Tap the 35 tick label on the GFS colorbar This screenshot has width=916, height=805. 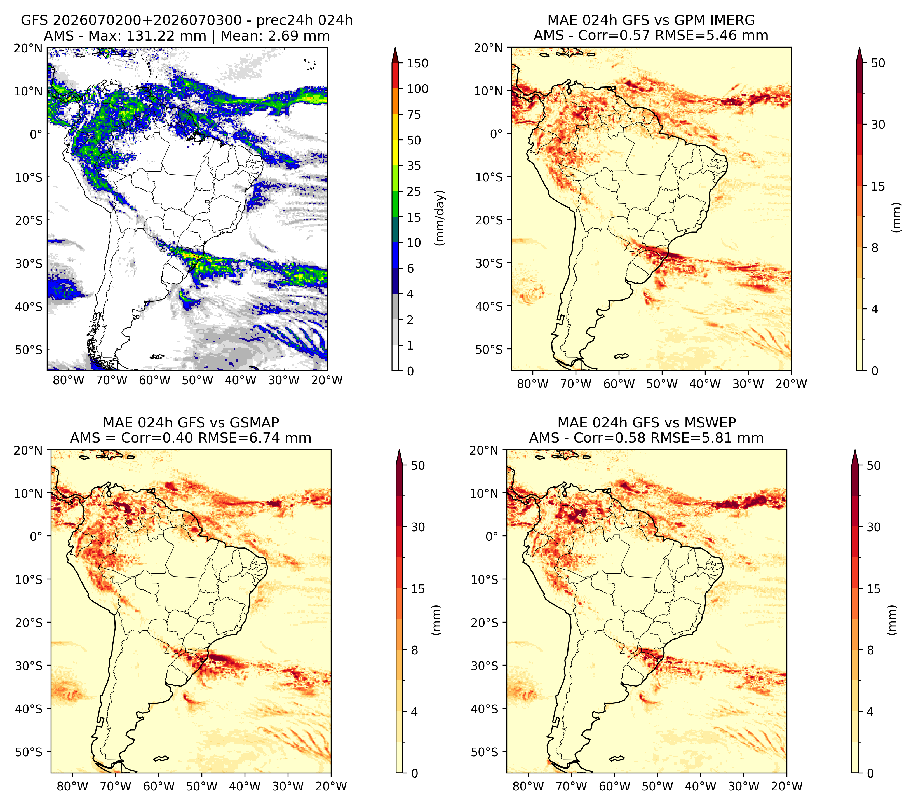coord(414,166)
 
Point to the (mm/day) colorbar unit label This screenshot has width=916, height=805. coord(441,217)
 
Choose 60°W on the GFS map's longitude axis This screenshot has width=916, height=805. coord(155,381)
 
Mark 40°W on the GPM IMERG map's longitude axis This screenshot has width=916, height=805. coord(705,384)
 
